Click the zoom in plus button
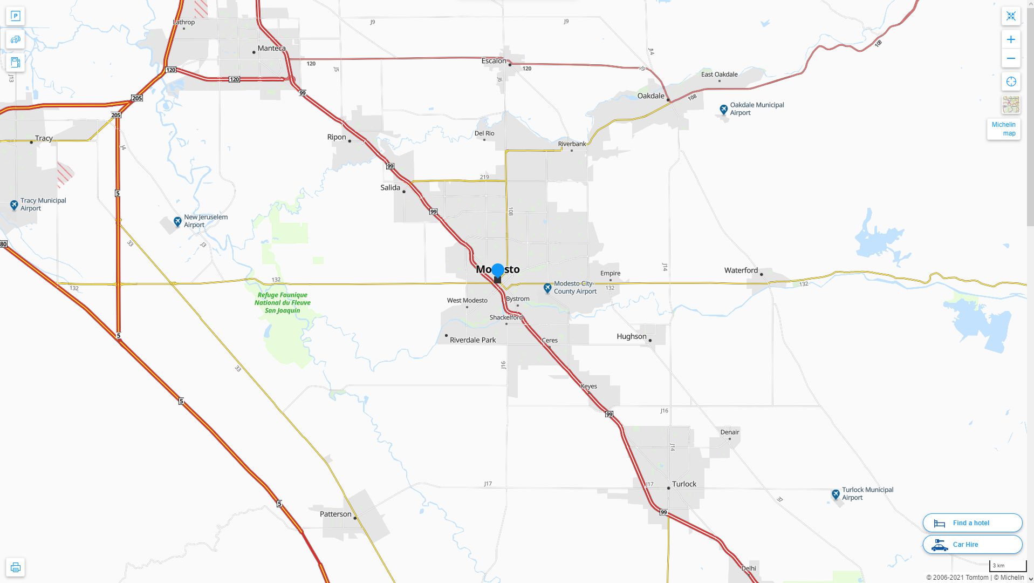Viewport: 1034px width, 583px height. click(1011, 39)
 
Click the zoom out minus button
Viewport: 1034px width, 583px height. click(1011, 58)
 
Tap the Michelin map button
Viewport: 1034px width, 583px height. click(1003, 129)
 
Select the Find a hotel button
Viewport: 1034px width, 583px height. click(972, 523)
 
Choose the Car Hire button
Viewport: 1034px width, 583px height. click(972, 545)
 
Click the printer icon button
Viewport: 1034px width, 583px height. click(15, 567)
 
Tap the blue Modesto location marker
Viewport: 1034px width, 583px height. click(497, 270)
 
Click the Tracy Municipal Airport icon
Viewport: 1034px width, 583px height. click(14, 205)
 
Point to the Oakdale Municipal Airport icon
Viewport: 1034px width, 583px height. click(724, 110)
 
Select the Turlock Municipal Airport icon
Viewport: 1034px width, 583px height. click(836, 494)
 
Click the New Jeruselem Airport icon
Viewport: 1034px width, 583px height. click(177, 221)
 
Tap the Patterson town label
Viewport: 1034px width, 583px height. click(335, 514)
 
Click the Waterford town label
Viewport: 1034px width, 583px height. click(741, 270)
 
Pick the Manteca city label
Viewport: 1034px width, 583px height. click(271, 48)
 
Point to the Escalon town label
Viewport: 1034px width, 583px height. click(494, 60)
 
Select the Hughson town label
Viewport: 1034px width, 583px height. click(631, 336)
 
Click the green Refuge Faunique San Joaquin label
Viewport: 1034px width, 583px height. click(282, 302)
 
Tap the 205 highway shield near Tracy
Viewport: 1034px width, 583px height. click(137, 98)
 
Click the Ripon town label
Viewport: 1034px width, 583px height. click(337, 137)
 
